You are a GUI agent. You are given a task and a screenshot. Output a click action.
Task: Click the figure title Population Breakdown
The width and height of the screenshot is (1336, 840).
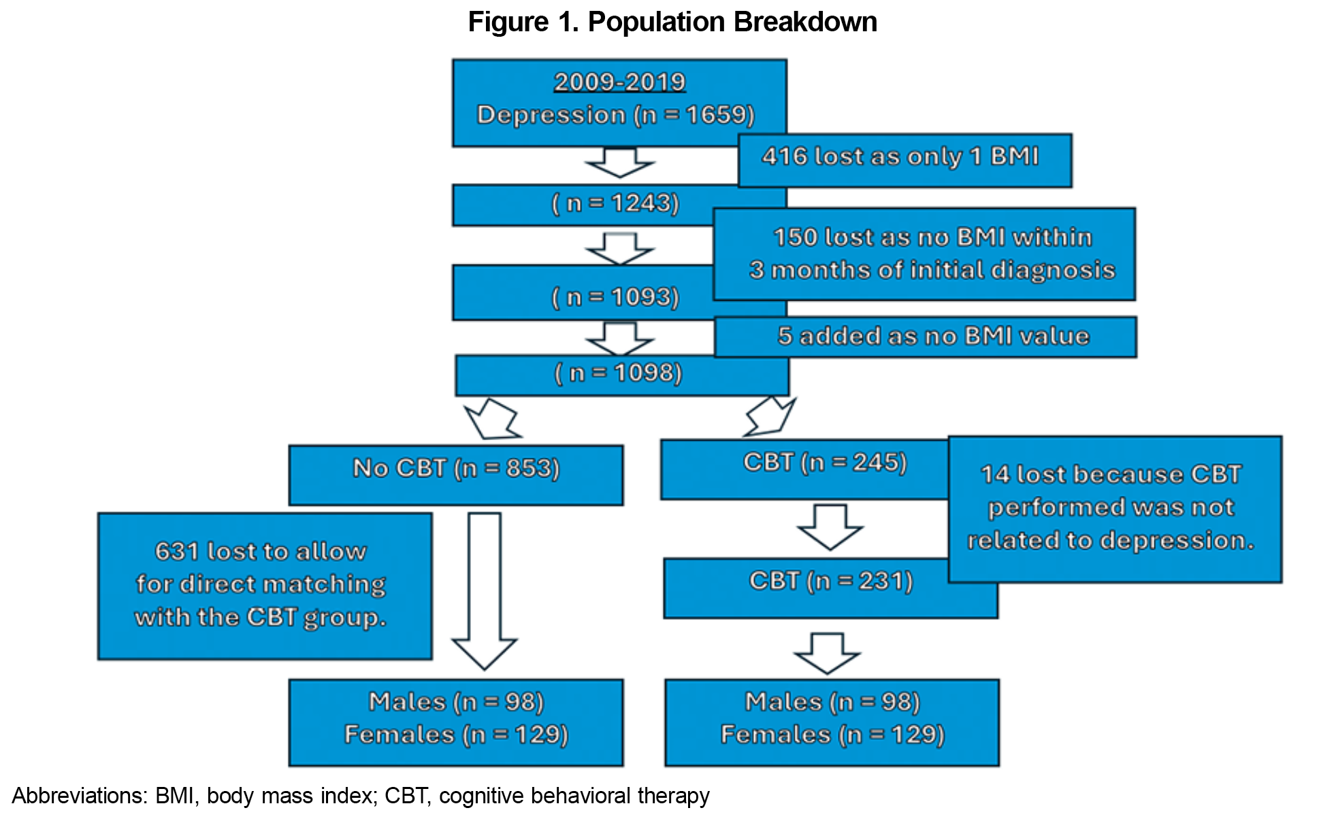pos(732,22)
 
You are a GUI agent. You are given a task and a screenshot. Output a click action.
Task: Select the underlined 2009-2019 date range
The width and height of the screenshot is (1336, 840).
pos(619,82)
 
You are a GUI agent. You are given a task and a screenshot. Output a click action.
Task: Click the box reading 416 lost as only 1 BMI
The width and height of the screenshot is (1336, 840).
pos(905,161)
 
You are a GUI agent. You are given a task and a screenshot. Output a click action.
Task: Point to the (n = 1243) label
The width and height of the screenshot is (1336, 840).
pos(615,203)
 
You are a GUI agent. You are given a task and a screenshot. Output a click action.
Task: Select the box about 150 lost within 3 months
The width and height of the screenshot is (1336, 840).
pos(924,254)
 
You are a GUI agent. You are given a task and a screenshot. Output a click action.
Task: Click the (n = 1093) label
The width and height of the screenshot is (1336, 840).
pos(615,297)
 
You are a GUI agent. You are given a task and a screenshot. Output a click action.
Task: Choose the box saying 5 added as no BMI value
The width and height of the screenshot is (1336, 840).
pos(926,337)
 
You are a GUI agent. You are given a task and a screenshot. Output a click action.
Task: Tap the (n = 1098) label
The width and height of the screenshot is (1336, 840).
pos(618,373)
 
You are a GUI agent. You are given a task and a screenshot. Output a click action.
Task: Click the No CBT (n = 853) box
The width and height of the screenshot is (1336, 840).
pos(456,475)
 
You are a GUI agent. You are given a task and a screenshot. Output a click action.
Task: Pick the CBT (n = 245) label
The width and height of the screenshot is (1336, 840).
pos(825,463)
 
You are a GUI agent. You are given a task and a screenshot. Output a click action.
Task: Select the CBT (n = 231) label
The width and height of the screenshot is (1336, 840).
pos(831,581)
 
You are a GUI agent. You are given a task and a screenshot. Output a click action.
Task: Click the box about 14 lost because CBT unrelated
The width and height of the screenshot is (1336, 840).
pos(1115,509)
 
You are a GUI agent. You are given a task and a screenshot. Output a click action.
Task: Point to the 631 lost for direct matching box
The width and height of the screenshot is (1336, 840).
pos(265,586)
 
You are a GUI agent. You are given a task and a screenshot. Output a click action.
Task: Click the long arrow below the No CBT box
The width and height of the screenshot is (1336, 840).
pos(485,590)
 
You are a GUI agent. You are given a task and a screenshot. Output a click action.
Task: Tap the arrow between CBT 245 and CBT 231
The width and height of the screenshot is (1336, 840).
pos(830,527)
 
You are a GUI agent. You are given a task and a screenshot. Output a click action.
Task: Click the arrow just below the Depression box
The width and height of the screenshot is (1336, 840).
pos(620,162)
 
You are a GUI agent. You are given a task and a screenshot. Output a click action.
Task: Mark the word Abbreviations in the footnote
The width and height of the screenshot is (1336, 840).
pos(80,796)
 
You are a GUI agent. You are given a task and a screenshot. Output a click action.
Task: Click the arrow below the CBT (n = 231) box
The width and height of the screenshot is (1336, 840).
pos(827,653)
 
